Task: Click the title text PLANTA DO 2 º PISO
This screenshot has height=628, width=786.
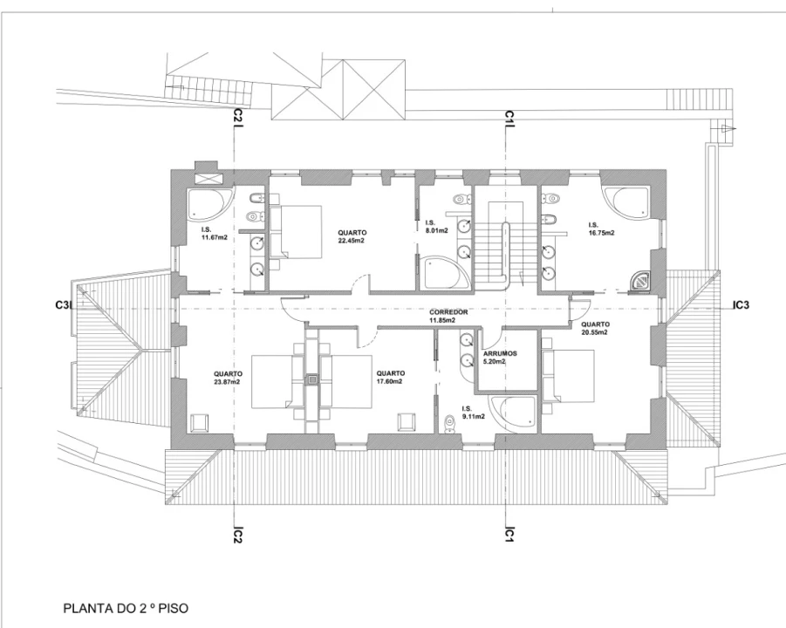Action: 126,609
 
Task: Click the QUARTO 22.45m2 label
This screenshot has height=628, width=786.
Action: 351,236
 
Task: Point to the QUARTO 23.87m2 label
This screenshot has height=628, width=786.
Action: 228,378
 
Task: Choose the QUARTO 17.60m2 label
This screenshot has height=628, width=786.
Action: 390,378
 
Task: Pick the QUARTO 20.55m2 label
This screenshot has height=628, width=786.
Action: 595,328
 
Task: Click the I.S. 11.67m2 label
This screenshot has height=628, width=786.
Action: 214,234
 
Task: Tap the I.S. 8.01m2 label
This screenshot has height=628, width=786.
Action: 436,227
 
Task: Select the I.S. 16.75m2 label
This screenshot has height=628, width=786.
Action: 601,229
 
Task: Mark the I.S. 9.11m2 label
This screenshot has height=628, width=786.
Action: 473,412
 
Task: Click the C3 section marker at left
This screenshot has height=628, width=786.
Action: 63,304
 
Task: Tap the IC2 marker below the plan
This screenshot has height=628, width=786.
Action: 237,535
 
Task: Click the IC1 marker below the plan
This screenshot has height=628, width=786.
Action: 509,534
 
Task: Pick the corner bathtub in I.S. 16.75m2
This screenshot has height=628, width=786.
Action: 626,203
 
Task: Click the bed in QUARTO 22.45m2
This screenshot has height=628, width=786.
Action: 296,231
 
